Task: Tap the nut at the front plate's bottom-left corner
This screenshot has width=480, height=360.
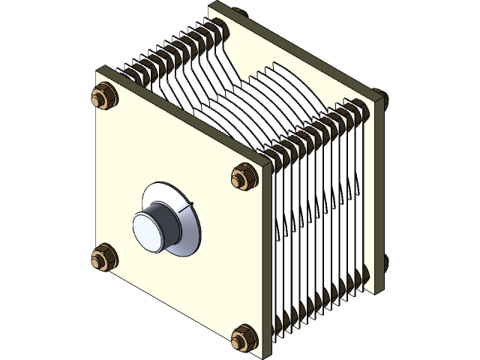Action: (100, 258)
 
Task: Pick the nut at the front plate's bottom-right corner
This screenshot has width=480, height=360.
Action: (242, 337)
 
